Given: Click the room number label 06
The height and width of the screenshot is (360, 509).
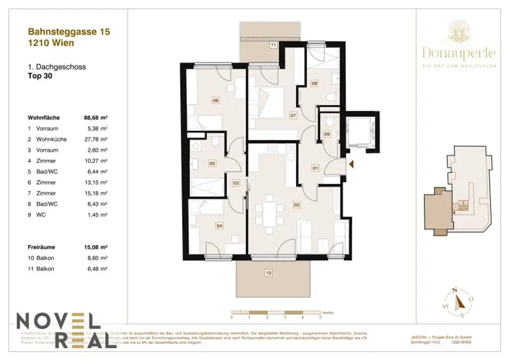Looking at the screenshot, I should [215, 100].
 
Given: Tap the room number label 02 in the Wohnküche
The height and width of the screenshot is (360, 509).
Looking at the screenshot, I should [297, 204].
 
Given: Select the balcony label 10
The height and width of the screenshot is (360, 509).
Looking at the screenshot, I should [268, 272].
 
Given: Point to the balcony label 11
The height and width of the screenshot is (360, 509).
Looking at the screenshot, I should [273, 45].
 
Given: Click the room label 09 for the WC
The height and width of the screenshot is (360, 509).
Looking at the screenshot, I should [327, 134].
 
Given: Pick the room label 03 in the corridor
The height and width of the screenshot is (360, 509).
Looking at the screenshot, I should [236, 183].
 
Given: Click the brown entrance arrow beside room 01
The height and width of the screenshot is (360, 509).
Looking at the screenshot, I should [351, 164].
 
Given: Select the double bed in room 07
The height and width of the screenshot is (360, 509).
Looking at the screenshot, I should [271, 102].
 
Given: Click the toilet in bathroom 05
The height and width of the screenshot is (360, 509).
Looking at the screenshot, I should [215, 144].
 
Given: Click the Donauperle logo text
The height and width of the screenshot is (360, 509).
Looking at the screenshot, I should [459, 52].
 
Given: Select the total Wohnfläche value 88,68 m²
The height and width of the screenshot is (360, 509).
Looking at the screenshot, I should [96, 118].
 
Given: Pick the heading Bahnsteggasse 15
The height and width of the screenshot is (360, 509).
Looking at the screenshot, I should [69, 32].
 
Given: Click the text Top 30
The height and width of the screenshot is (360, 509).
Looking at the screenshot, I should [40, 76].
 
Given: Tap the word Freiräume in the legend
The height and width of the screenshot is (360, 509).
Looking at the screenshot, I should [42, 247].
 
